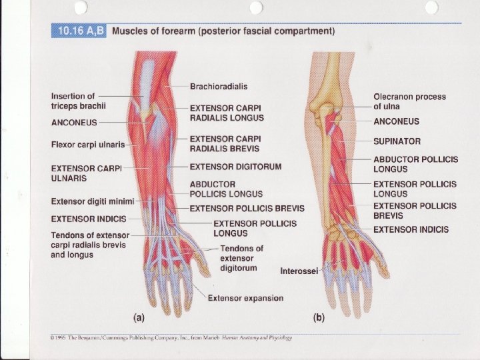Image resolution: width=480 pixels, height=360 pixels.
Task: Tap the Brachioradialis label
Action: tap(219, 87)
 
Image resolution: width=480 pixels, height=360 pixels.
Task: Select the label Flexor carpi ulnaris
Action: tap(93, 145)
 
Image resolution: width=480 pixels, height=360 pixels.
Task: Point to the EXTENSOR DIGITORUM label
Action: tap(236, 166)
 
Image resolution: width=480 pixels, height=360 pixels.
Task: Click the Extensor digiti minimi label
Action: tap(93, 201)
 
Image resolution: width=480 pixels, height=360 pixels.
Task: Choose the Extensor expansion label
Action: tap(245, 298)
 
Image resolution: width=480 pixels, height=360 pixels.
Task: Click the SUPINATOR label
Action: tap(397, 141)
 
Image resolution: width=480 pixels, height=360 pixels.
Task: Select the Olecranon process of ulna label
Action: tap(409, 101)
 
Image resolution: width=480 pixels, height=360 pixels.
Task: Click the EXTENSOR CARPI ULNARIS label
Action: tap(86, 174)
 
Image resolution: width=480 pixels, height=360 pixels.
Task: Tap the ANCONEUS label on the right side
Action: tap(396, 121)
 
